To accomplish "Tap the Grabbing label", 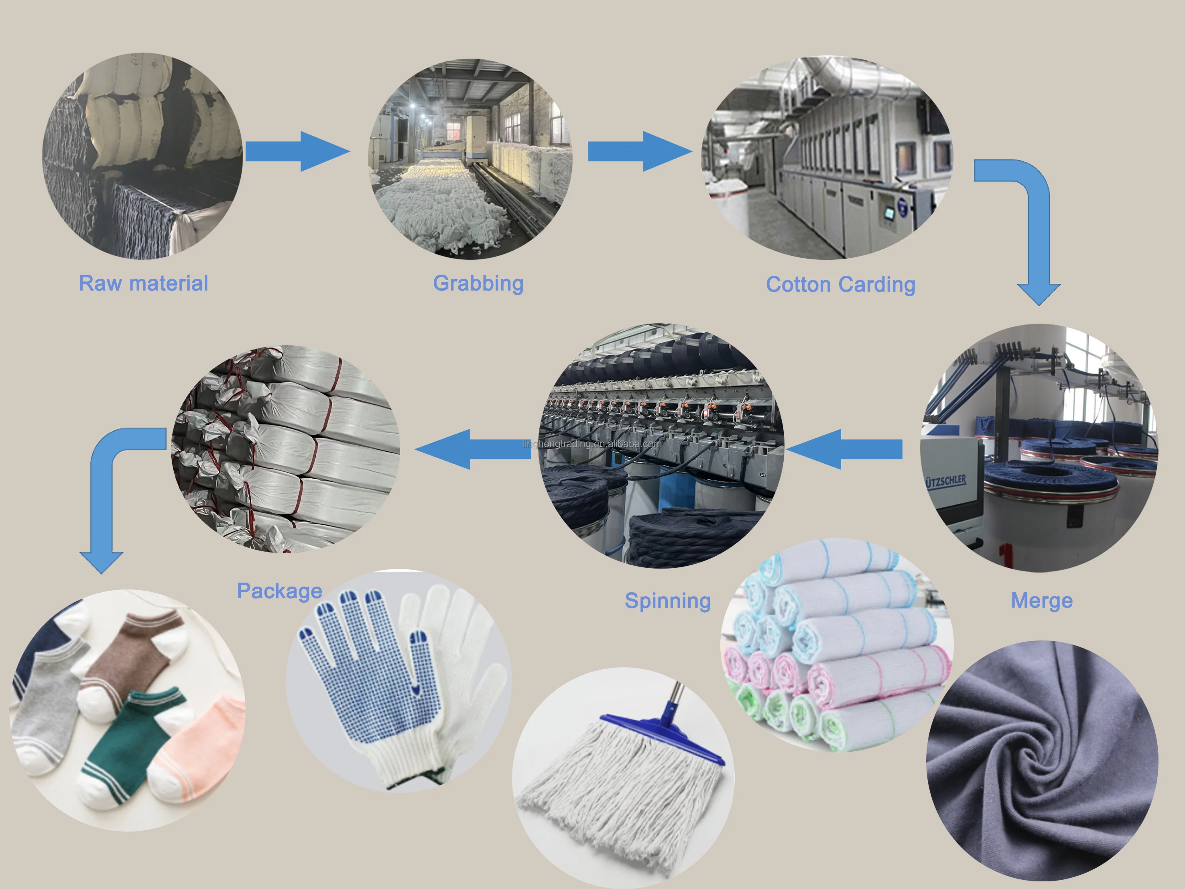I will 478,283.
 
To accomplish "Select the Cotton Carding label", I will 840,284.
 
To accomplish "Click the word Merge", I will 1041,601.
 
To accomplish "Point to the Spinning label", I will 667,601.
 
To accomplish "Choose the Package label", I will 279,591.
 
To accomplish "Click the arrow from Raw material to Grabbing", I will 297,151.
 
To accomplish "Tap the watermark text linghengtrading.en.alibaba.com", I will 592,443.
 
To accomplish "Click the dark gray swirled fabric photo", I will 1042,761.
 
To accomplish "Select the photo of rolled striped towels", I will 836,643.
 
